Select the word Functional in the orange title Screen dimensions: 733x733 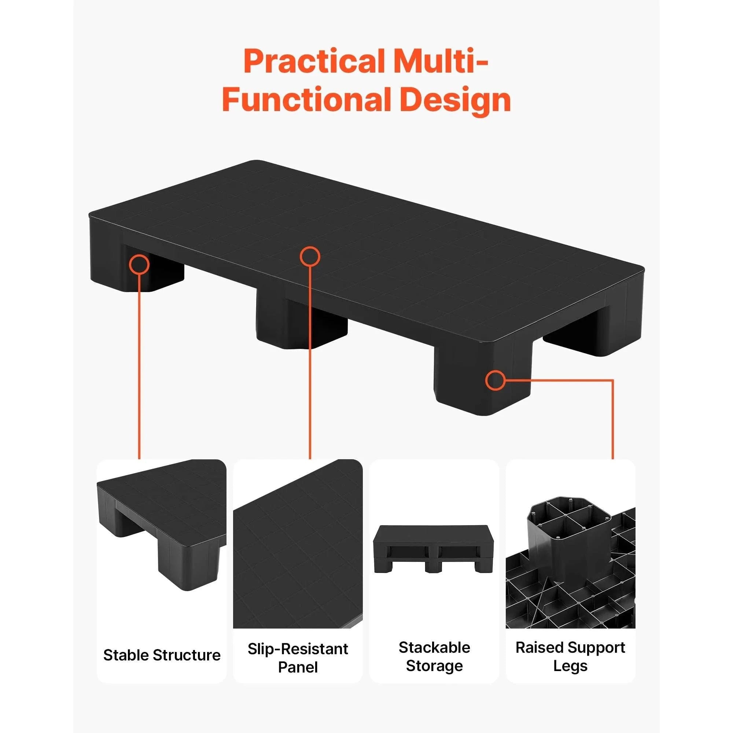click(x=306, y=99)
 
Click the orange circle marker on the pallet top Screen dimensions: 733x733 click(x=310, y=257)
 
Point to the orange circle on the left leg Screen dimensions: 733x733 click(x=139, y=264)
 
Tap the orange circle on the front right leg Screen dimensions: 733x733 click(x=496, y=380)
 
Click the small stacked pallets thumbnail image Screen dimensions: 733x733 click(x=434, y=549)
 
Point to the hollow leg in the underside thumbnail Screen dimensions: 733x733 click(x=568, y=531)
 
